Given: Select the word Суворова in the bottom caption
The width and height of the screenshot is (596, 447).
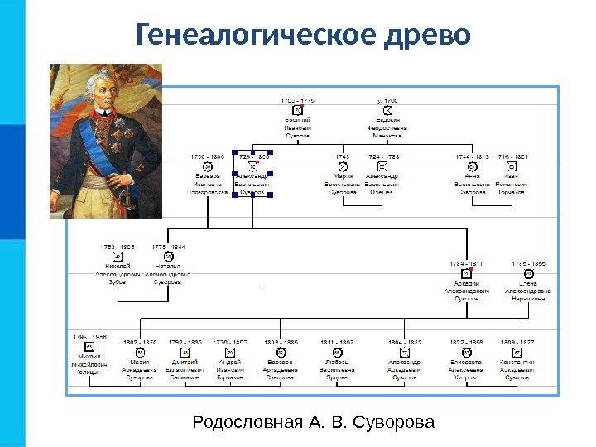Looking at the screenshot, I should click(393, 423).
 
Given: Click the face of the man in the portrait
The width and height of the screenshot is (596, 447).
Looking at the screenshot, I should click(103, 93).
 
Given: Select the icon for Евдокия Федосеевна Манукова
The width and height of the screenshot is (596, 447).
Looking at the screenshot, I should click(388, 111).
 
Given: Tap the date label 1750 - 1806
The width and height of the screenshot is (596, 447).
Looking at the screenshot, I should click(208, 156).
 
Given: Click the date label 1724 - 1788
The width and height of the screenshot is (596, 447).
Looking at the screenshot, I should click(382, 156).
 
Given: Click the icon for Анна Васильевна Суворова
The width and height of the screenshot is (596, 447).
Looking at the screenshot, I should click(473, 167).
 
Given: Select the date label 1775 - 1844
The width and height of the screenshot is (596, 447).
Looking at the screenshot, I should click(168, 247).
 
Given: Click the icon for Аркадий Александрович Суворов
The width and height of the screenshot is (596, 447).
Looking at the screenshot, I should click(467, 273).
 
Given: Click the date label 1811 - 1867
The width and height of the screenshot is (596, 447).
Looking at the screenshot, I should click(337, 341).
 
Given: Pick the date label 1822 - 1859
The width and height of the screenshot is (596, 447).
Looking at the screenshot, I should click(465, 341).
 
